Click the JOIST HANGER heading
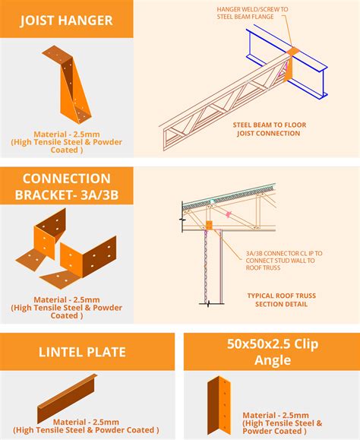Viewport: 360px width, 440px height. pos(66,21)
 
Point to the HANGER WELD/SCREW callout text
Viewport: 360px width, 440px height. pos(252,13)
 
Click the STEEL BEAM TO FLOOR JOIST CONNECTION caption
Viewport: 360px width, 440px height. pos(269,128)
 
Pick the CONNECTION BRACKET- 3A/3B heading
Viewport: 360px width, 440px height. pos(66,187)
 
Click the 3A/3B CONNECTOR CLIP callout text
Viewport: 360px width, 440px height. pos(284,261)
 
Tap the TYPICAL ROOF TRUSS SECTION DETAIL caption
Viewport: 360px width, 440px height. pos(281,299)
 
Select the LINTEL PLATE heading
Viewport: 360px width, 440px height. pos(82,352)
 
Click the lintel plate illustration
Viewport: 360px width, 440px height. pos(68,398)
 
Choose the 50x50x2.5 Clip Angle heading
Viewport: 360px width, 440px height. pos(273,352)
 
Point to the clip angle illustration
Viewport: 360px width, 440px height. pos(219,405)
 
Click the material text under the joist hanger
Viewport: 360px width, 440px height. pos(66,142)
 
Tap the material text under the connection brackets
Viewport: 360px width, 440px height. pos(66,308)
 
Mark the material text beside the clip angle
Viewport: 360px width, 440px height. pos(283,423)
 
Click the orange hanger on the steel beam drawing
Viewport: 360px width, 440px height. pos(290,64)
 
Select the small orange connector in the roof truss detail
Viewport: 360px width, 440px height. pos(209,225)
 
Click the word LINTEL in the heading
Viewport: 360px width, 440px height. pos(57,352)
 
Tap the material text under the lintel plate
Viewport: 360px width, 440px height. pos(86,426)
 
